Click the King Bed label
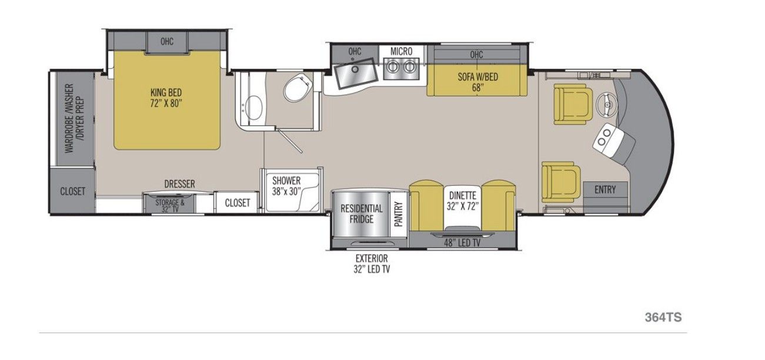166,98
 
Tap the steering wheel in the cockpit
607,102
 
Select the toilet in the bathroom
298,87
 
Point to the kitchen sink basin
356,73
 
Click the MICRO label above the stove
401,52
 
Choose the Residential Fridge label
361,214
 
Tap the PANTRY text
399,214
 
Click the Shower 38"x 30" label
286,186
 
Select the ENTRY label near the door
605,189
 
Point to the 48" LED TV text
462,243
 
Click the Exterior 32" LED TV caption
372,264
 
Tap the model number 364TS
663,317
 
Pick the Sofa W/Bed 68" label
478,82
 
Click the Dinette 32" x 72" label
462,201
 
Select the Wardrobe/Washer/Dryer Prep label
75,118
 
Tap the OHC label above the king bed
167,42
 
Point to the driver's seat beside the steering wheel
573,104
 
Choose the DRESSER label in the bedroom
180,184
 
